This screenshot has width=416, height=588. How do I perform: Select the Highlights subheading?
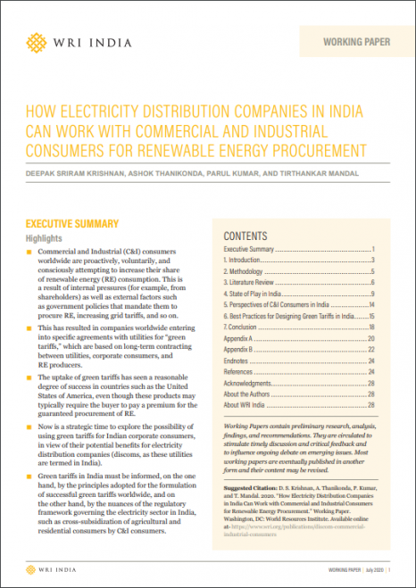click(x=44, y=239)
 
